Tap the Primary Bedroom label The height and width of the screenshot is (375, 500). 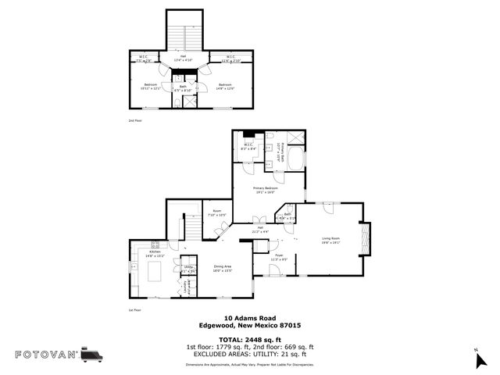pyautogui.click(x=266, y=190)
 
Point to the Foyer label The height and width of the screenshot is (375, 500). pyautogui.click(x=278, y=256)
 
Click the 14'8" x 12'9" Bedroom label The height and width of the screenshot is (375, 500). pyautogui.click(x=225, y=86)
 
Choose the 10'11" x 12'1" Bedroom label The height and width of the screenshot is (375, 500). pyautogui.click(x=150, y=86)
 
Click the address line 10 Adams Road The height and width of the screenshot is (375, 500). pyautogui.click(x=250, y=318)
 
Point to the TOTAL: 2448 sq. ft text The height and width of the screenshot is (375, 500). pyautogui.click(x=250, y=339)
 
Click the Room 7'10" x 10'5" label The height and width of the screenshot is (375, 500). pyautogui.click(x=216, y=212)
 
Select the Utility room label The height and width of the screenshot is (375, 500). pyautogui.click(x=188, y=269)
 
